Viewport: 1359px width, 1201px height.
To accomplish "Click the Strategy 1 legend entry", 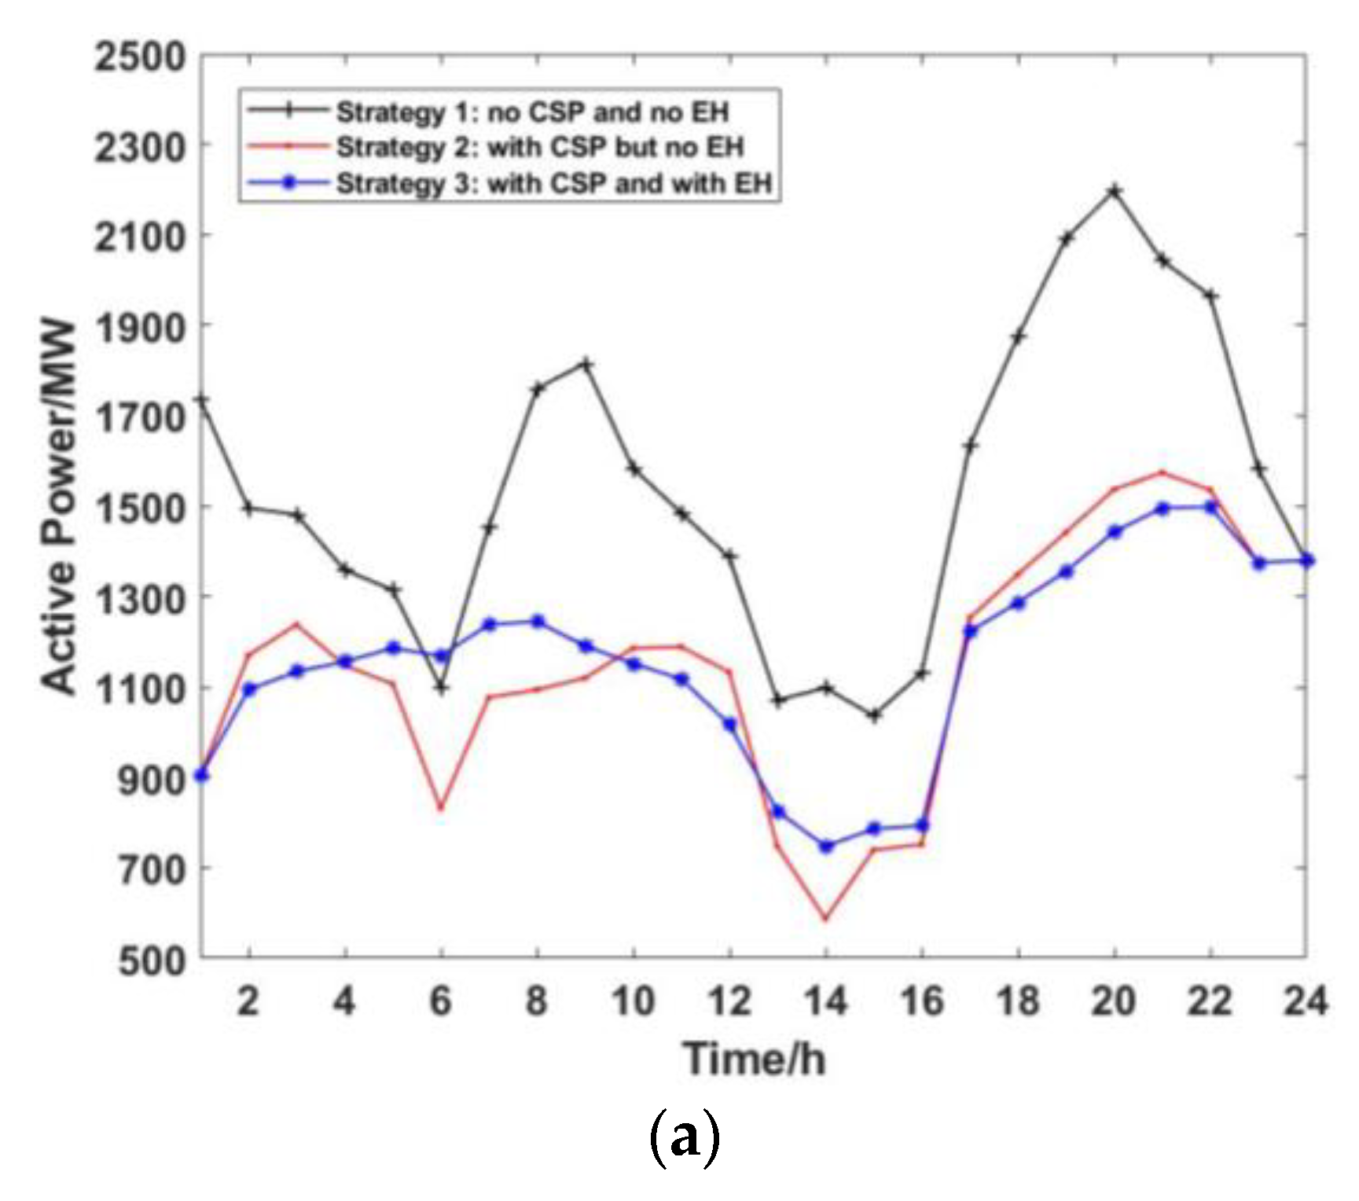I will tap(532, 112).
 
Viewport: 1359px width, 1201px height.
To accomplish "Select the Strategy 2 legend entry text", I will tap(540, 148).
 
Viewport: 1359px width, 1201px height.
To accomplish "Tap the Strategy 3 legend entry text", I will tap(554, 184).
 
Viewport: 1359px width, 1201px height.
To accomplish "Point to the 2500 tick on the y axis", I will tap(141, 57).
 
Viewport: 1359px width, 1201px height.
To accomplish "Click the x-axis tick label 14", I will tap(825, 1001).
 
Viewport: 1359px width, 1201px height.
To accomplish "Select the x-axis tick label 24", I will tap(1305, 1001).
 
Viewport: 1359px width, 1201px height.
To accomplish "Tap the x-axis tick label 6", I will tap(441, 1001).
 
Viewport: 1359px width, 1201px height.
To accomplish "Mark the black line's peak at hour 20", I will tap(1114, 191).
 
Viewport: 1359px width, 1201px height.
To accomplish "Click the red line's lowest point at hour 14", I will tap(825, 918).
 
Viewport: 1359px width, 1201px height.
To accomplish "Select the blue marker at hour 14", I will tap(825, 847).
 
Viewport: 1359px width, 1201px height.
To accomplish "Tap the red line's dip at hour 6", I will tap(441, 808).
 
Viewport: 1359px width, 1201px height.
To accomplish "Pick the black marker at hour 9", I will tap(586, 364).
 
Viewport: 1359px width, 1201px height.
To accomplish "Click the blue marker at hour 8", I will tap(538, 622).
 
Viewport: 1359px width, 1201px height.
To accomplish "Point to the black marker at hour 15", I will tap(874, 715).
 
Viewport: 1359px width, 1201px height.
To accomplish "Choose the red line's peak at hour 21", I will tap(1162, 472).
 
